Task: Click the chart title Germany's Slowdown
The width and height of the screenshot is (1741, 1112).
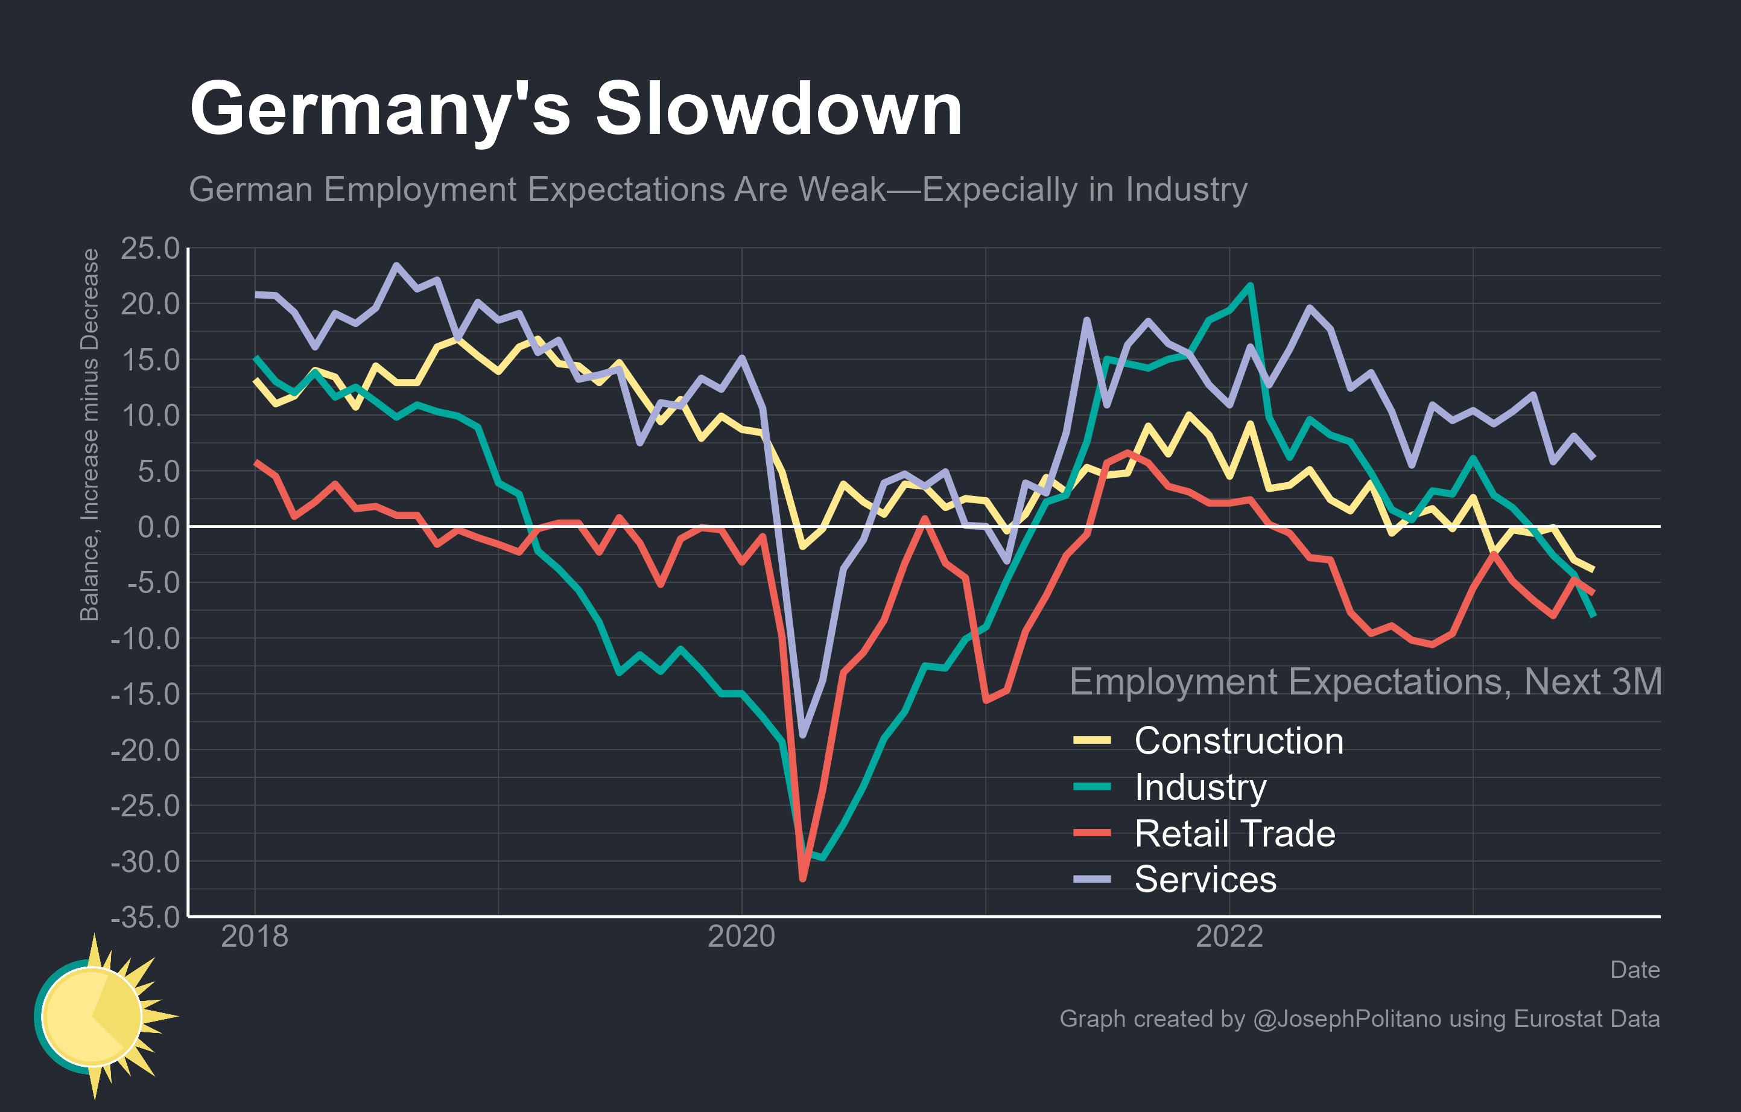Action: pyautogui.click(x=576, y=110)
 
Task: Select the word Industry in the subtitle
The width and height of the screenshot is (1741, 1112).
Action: pyautogui.click(x=1186, y=190)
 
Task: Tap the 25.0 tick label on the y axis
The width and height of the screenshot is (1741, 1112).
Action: pyautogui.click(x=150, y=249)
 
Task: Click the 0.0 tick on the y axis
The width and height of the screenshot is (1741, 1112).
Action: pyautogui.click(x=159, y=527)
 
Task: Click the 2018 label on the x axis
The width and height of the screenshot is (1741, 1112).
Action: pyautogui.click(x=255, y=937)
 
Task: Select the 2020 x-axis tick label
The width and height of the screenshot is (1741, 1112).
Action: pyautogui.click(x=741, y=937)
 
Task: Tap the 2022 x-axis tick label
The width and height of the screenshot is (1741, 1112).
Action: pyautogui.click(x=1229, y=937)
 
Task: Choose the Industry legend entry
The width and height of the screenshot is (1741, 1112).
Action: pyautogui.click(x=1200, y=787)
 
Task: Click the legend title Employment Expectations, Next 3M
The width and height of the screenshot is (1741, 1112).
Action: pyautogui.click(x=1365, y=682)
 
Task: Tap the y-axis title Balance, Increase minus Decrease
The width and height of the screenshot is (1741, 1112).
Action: pyautogui.click(x=90, y=434)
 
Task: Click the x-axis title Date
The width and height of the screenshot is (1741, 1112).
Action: pyautogui.click(x=1635, y=970)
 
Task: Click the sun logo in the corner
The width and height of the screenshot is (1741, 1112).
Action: pyautogui.click(x=98, y=1016)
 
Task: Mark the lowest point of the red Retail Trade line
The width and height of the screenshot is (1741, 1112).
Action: pyautogui.click(x=802, y=878)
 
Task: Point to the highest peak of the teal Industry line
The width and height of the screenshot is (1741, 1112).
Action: pyautogui.click(x=1250, y=285)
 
